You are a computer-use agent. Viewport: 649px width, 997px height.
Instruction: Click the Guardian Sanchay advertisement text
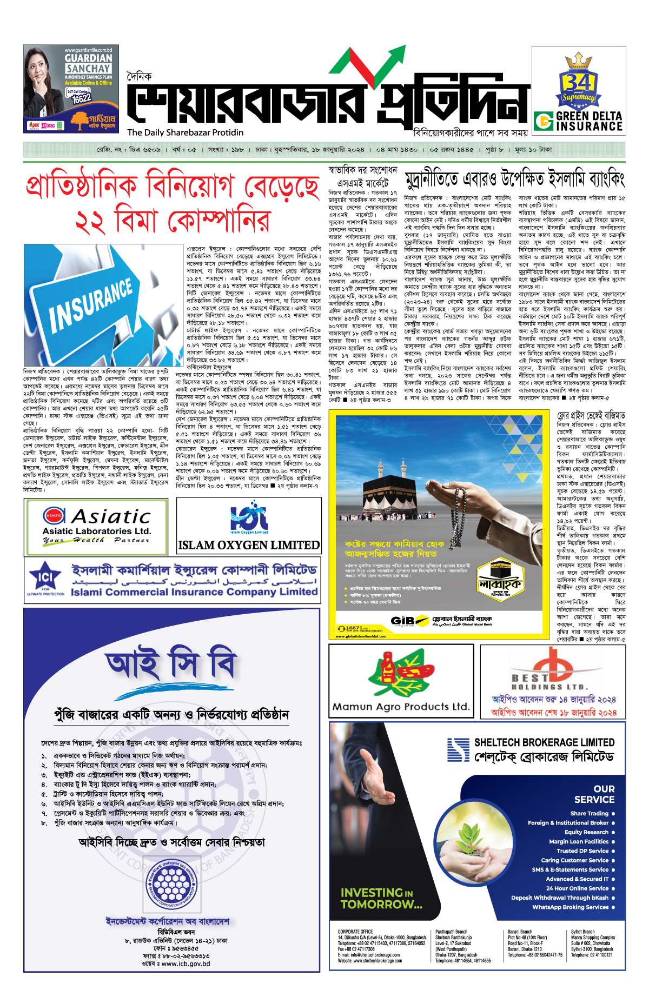tap(88, 63)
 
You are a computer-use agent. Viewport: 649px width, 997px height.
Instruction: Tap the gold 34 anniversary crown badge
tap(578, 82)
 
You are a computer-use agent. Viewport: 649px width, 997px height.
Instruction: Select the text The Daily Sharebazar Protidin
tap(185, 132)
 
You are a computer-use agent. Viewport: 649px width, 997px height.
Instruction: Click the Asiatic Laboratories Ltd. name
tap(97, 531)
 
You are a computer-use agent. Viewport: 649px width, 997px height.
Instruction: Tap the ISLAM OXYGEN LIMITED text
tap(249, 545)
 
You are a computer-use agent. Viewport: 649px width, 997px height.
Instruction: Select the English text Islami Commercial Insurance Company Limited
tap(194, 592)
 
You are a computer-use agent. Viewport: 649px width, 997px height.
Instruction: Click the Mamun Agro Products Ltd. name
tap(401, 707)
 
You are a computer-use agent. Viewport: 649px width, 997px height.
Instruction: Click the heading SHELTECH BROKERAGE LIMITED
tap(544, 742)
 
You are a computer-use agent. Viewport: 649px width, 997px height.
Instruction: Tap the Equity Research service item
tap(586, 832)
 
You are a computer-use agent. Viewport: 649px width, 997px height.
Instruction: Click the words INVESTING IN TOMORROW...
tap(381, 898)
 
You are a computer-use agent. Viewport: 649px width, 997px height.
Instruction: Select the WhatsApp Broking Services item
tap(570, 907)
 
